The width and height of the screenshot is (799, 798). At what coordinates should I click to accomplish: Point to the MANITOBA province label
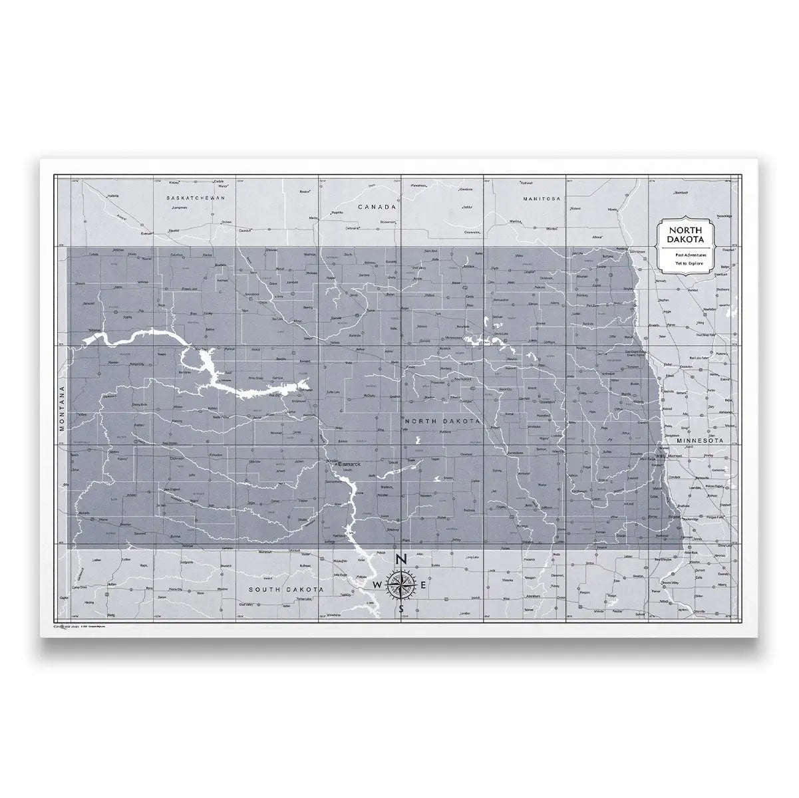[543, 199]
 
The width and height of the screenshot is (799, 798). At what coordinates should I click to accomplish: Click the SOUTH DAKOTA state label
[285, 590]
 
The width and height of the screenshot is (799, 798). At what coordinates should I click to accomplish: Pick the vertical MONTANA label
[61, 409]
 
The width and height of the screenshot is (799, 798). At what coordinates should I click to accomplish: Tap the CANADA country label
[377, 207]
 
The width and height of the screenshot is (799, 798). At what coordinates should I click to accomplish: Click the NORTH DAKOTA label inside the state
[442, 422]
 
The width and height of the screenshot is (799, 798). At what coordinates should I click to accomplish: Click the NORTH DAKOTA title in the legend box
[685, 235]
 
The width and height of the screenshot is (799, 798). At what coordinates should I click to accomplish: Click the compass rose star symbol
[400, 584]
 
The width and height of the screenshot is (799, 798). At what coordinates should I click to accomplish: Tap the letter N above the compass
[400, 559]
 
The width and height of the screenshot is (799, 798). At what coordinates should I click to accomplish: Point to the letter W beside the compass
[377, 585]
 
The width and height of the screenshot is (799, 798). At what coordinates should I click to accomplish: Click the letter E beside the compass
[424, 585]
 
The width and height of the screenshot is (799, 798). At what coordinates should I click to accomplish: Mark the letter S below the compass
[400, 608]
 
